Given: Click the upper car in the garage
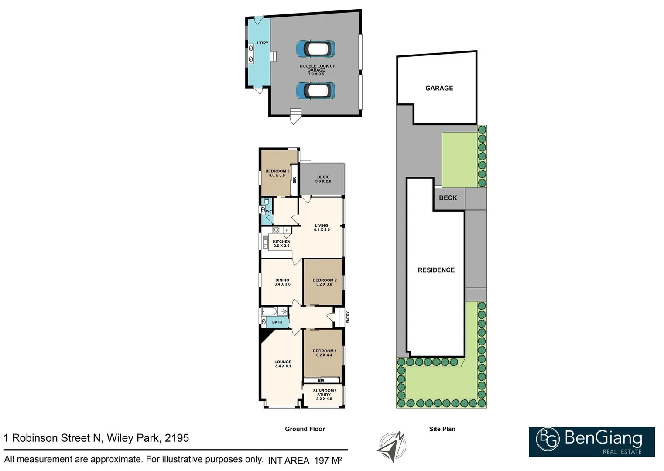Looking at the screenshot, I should (315, 49).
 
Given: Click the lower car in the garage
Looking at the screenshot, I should (315, 91).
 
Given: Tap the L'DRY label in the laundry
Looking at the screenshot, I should (262, 43).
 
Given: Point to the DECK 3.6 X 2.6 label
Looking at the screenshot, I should (323, 179).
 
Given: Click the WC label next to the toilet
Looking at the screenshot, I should (269, 212).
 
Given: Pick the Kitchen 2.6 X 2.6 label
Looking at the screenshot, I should (281, 244).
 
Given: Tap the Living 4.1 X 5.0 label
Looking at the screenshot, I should (322, 228).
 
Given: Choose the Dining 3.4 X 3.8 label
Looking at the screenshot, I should (282, 282).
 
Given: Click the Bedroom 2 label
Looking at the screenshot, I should (324, 282).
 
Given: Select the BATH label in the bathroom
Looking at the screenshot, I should (277, 322).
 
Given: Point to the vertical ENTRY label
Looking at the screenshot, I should (348, 317).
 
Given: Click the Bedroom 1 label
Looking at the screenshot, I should (324, 353).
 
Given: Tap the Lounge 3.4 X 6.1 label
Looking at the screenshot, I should (283, 364).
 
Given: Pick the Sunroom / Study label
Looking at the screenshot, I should (324, 395).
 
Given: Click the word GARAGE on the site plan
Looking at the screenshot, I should (439, 88).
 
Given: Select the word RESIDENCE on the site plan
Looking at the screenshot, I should (436, 270).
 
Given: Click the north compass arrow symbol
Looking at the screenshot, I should (391, 447).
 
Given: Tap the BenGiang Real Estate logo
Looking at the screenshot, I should (592, 441).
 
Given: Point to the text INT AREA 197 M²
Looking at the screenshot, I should (305, 460).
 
